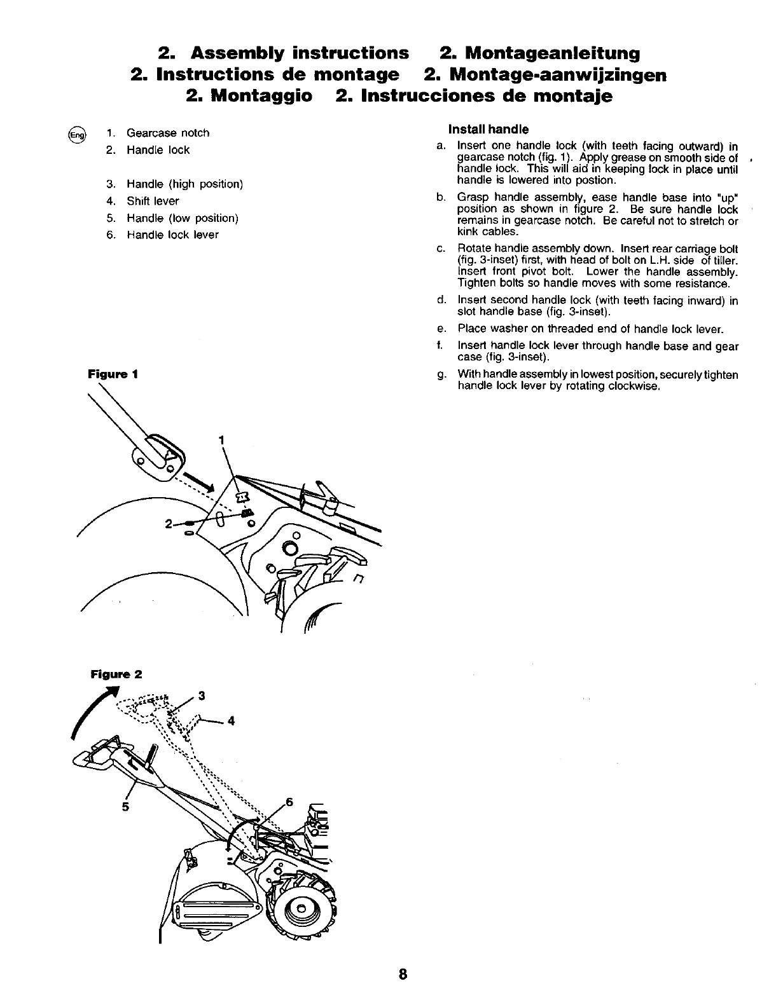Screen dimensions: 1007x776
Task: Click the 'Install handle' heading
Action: [x=488, y=130]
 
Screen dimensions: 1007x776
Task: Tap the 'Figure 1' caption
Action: [x=113, y=374]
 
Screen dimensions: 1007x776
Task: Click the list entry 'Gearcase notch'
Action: [x=167, y=133]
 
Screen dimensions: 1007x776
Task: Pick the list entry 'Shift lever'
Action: [x=153, y=201]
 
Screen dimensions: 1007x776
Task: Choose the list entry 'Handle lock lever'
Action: [x=172, y=235]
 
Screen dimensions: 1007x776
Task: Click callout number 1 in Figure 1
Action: [x=221, y=439]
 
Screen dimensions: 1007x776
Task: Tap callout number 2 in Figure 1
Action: [x=168, y=524]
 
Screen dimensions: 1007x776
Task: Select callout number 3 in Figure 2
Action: [x=202, y=695]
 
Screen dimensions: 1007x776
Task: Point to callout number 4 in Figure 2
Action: [x=232, y=721]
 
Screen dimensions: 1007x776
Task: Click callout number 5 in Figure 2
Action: [x=125, y=807]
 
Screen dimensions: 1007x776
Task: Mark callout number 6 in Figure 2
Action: [x=289, y=802]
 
